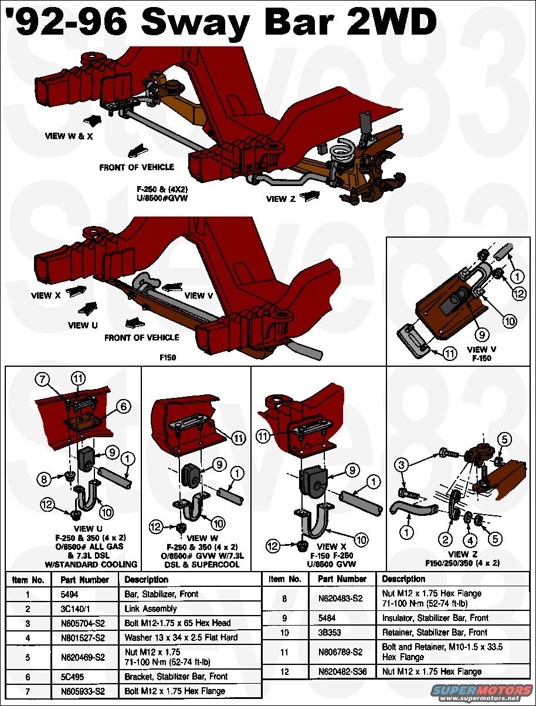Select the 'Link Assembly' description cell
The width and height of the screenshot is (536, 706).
(151, 609)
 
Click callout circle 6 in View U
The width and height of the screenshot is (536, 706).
(124, 405)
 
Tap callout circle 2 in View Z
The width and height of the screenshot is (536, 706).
(446, 539)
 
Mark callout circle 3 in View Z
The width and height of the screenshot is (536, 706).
(401, 465)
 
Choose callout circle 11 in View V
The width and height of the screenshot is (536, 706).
(450, 353)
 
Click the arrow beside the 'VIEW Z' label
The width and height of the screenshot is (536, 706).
(310, 196)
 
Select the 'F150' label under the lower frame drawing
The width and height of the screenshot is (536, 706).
(168, 356)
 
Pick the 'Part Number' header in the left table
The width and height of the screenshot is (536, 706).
(84, 579)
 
